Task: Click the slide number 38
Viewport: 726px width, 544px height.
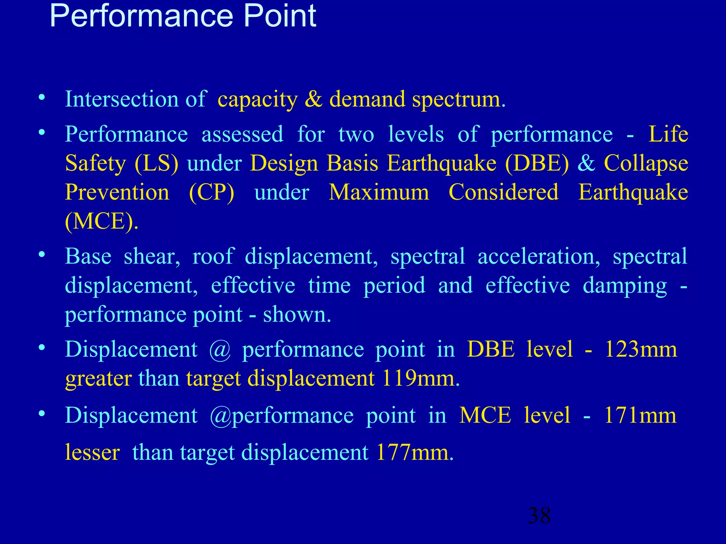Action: tap(539, 515)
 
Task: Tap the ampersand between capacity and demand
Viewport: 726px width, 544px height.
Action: tap(313, 99)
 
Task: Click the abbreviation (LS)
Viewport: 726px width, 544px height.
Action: tap(156, 164)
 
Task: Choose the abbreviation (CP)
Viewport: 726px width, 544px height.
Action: tap(212, 193)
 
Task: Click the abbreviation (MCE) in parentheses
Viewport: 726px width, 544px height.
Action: tap(101, 222)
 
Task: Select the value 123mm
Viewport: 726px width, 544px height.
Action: tap(641, 349)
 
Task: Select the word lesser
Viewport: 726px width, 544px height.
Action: tap(93, 453)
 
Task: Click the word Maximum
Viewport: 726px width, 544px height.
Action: tap(379, 193)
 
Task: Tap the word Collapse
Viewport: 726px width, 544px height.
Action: tap(646, 164)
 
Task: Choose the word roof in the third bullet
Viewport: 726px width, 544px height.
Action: tap(213, 256)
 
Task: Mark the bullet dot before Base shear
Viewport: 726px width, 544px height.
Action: tap(42, 255)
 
